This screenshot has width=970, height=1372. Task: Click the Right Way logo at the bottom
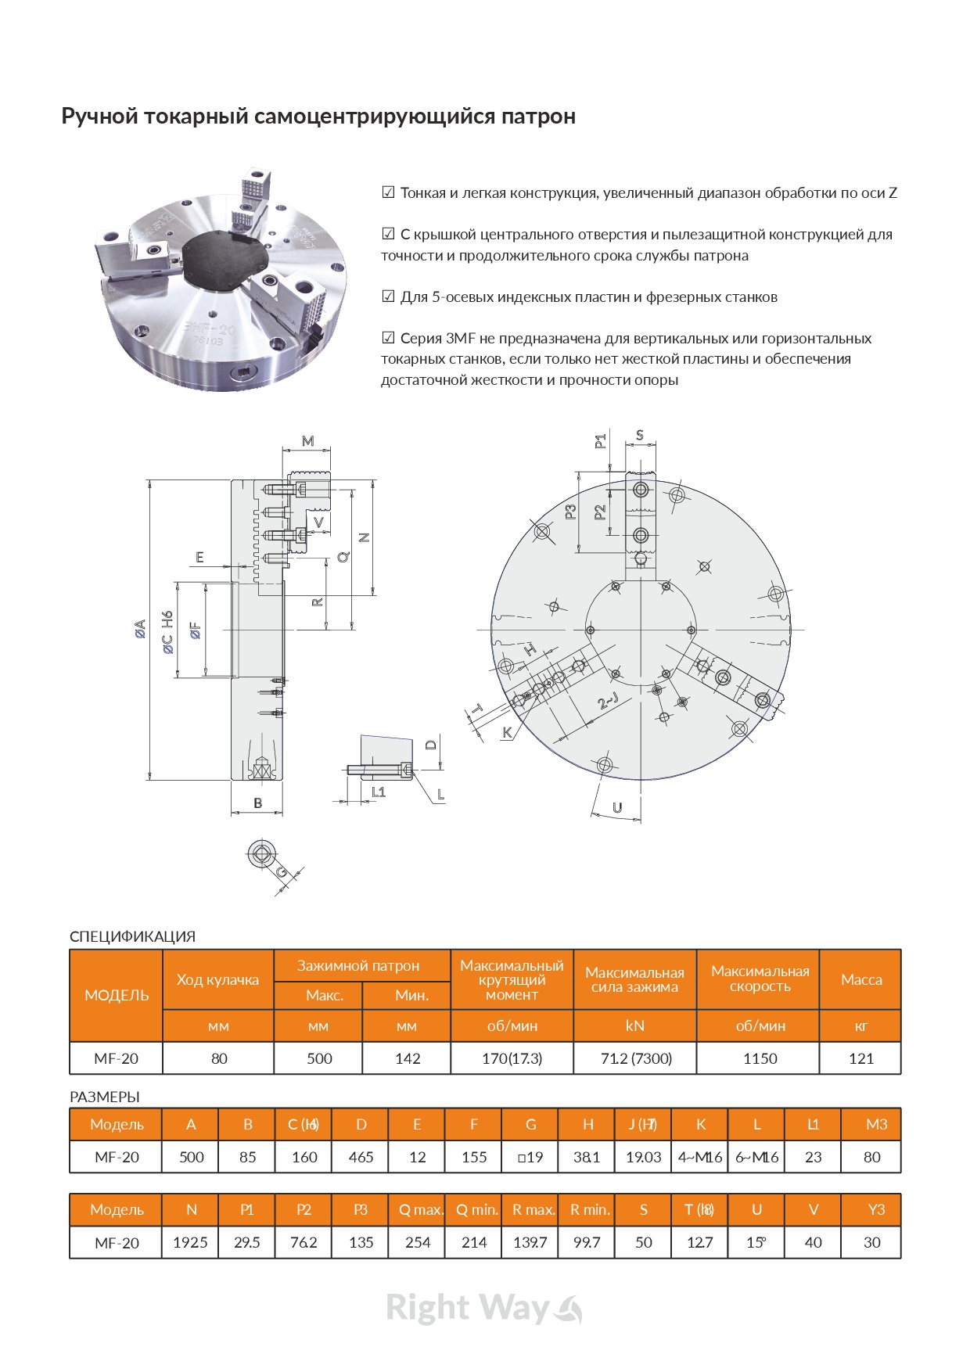483,1308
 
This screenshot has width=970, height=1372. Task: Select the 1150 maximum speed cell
760,1058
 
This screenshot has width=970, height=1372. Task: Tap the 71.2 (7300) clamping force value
635,1058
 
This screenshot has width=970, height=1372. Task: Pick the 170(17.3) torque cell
512,1058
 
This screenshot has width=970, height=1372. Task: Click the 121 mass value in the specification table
860,1058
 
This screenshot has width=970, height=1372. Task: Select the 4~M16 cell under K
700,1157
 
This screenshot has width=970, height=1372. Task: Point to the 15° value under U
756,1242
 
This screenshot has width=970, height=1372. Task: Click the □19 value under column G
530,1157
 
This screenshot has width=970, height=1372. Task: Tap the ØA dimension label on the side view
140,628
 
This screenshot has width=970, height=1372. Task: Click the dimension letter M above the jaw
307,441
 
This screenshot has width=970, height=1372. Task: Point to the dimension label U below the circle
617,807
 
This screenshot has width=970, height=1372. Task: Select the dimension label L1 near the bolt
379,792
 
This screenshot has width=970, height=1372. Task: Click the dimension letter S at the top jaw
640,435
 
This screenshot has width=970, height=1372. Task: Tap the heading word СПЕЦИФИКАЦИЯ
132,936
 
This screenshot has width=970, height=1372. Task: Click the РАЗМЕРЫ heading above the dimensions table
105,1097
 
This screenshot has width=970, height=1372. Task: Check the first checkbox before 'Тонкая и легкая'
388,192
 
